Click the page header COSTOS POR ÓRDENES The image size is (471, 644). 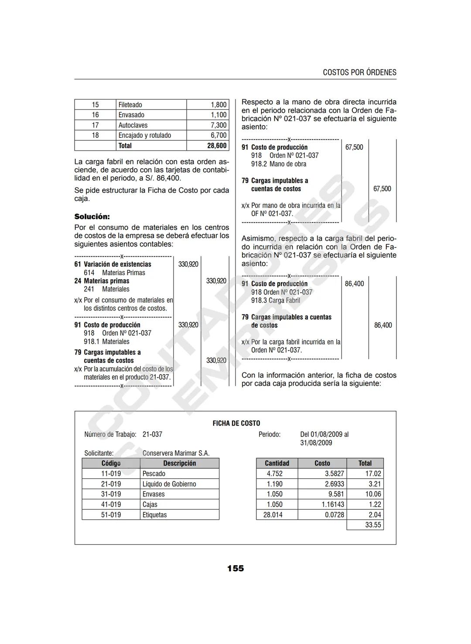coord(359,72)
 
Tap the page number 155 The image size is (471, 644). coord(235,568)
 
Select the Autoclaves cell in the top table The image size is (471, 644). coord(133,125)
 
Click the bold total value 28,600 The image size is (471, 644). coord(217,146)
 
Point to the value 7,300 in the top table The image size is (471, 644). coord(218,125)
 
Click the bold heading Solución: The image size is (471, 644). coord(92,217)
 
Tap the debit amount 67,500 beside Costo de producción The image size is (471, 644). coord(354,147)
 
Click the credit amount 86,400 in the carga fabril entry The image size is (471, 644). coord(383,325)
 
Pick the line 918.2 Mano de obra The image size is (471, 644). coord(279,164)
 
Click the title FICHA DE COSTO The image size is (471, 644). coord(236,423)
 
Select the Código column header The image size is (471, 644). coord(111,463)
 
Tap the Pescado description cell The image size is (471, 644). coord(154,474)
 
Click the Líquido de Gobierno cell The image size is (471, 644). coord(169,484)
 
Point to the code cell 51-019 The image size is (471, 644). coord(111,515)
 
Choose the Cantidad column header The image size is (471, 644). coord(277,463)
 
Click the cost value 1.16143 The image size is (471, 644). coord(333,504)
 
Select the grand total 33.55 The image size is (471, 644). coord(373,525)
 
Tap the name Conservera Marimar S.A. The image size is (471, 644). coord(176,453)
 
